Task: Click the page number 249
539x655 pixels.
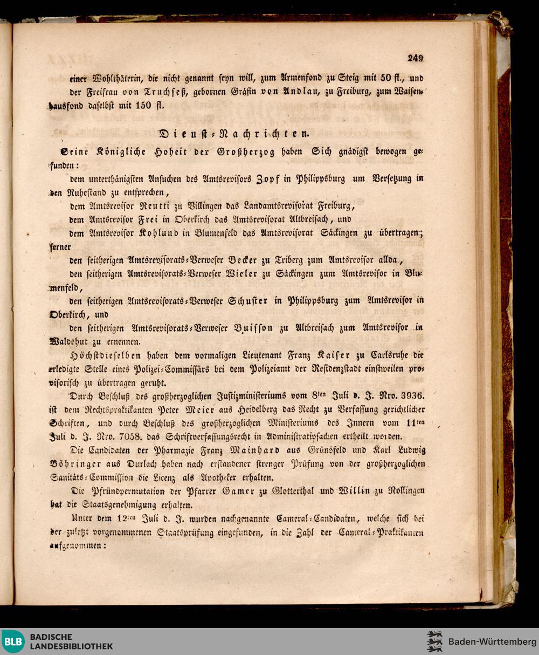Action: click(416, 59)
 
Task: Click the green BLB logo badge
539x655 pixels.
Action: click(13, 642)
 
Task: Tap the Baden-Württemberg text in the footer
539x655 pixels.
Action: click(492, 642)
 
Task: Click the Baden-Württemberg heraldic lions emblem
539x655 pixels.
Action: click(434, 642)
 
